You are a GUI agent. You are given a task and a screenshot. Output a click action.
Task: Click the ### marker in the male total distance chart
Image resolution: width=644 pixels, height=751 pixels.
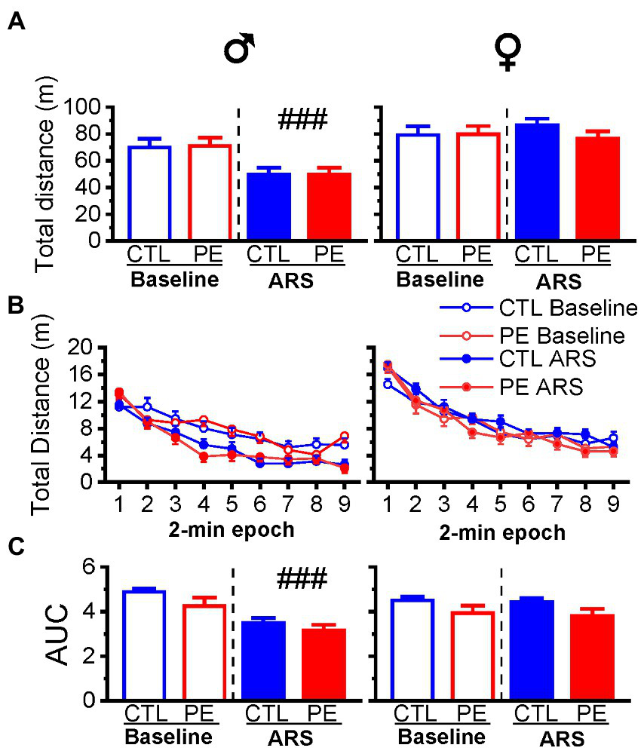click(302, 119)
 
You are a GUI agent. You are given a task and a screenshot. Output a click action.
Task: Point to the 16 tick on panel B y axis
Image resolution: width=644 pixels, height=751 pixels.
click(88, 374)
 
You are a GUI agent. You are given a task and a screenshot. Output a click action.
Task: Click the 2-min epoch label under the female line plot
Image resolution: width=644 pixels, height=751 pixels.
click(502, 534)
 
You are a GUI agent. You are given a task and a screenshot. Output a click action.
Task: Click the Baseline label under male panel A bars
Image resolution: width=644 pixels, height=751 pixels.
click(173, 280)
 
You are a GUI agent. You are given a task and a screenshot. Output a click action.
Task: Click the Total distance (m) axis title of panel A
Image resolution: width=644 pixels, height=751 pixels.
click(47, 173)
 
